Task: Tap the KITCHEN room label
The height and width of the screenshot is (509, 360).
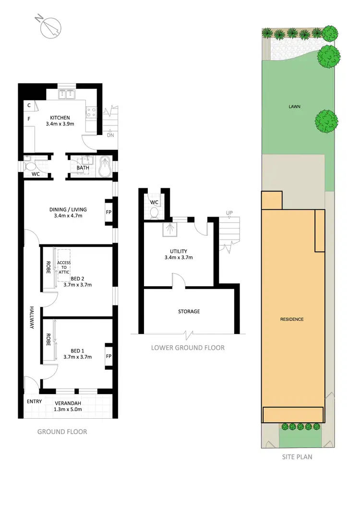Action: coord(60,118)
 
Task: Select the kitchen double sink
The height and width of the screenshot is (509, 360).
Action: coord(67,95)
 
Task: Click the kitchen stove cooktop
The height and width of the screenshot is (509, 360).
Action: coord(91,113)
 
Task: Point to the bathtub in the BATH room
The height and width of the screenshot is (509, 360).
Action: coord(106,167)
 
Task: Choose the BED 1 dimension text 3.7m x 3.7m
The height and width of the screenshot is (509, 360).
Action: coord(77,357)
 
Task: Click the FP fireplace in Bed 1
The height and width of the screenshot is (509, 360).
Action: coord(108,356)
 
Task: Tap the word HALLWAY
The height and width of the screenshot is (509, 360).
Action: coord(32,318)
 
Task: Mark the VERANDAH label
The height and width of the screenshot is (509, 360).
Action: coord(67,402)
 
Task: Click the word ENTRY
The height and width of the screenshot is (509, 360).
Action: coord(34,401)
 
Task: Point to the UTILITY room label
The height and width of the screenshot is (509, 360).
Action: coord(178,251)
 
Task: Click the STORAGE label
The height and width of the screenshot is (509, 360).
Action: coord(189,312)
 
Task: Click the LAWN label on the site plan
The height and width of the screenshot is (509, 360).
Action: coord(294,107)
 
